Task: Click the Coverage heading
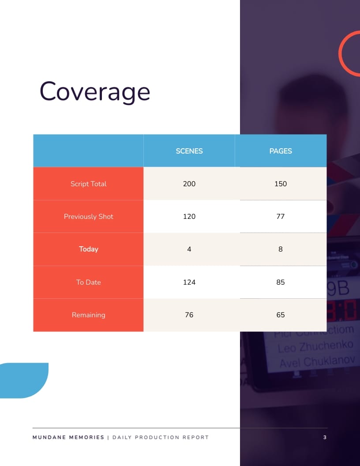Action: [95, 92]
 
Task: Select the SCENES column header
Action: [189, 151]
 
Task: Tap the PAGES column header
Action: [281, 151]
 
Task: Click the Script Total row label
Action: [88, 184]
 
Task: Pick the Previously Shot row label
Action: [88, 216]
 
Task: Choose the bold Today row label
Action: [88, 249]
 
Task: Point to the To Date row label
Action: [88, 282]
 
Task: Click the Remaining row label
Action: [88, 315]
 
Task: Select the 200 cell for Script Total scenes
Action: [189, 184]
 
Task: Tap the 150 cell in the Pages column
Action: [281, 184]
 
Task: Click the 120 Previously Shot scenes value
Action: [189, 216]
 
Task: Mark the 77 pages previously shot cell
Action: [281, 216]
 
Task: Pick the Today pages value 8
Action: [281, 249]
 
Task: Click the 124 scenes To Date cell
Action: [189, 282]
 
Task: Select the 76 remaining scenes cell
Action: [189, 315]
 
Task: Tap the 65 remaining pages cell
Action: [281, 315]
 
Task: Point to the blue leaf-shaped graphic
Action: [24, 380]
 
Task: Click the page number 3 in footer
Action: [325, 437]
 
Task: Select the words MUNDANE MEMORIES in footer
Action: [68, 437]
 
